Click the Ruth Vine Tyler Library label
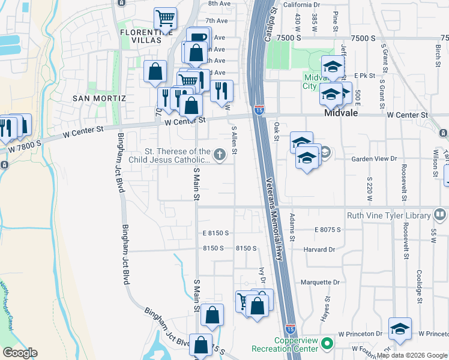pyautogui.click(x=388, y=215)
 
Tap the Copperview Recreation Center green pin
pyautogui.click(x=327, y=344)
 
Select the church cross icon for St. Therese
pyautogui.click(x=220, y=155)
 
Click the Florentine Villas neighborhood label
pyautogui.click(x=140, y=36)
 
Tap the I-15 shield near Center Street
pyautogui.click(x=259, y=110)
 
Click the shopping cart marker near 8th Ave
pyautogui.click(x=165, y=17)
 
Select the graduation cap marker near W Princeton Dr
pyautogui.click(x=400, y=328)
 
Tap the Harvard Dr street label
pyautogui.click(x=319, y=250)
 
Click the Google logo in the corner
pyautogui.click(x=20, y=353)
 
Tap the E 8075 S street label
pyautogui.click(x=327, y=229)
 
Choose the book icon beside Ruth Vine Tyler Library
pyautogui.click(x=440, y=214)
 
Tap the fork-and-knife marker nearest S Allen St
pyautogui.click(x=221, y=91)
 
